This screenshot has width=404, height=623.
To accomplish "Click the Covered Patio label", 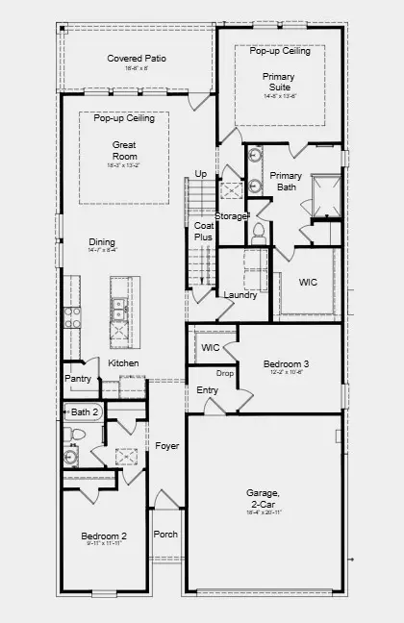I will [x=136, y=59].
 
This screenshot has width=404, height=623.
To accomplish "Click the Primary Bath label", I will [x=286, y=181].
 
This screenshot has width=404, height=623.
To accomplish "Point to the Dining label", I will [x=102, y=242].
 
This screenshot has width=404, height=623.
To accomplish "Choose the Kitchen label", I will [x=123, y=363].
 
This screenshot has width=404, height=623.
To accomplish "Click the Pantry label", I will [x=79, y=379].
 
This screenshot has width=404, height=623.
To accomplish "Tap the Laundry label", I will [x=240, y=295].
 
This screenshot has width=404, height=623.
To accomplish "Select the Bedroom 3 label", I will [x=286, y=363].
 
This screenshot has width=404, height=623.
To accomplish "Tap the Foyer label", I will [x=166, y=446].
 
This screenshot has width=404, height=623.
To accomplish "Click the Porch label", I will [x=165, y=535].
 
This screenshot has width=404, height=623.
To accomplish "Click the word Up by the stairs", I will [x=200, y=174].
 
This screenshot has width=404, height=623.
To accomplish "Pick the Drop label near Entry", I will [x=225, y=373].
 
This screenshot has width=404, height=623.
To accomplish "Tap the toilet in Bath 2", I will [x=78, y=435].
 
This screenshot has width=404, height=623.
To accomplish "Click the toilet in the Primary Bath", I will [x=257, y=231].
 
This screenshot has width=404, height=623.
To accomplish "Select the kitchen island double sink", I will [x=119, y=310].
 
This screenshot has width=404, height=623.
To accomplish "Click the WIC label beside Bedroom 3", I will [x=211, y=347].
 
